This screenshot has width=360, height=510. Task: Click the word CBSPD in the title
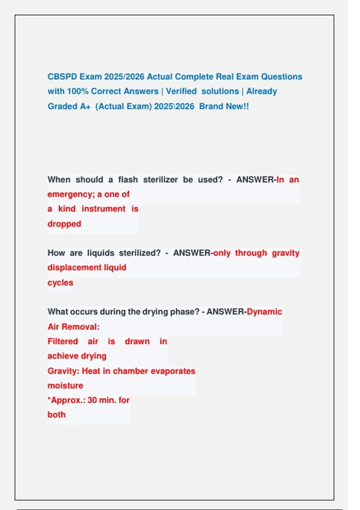point(62,77)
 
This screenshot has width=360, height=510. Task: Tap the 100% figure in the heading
point(78,91)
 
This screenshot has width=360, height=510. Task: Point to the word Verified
point(181,91)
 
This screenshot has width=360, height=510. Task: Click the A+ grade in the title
point(85,106)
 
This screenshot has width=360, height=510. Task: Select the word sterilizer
point(160,180)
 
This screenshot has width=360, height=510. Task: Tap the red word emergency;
point(71,194)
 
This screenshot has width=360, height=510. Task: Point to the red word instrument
point(103,209)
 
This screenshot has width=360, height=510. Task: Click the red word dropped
point(64,224)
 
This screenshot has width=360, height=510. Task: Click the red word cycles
point(60,283)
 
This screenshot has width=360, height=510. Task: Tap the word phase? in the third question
point(184,312)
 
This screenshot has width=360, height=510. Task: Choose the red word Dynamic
point(264,312)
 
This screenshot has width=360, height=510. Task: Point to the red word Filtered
point(63,341)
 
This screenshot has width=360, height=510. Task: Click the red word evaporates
point(173,371)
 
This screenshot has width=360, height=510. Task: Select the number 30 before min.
point(92,400)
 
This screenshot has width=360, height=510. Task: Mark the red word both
point(56,415)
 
